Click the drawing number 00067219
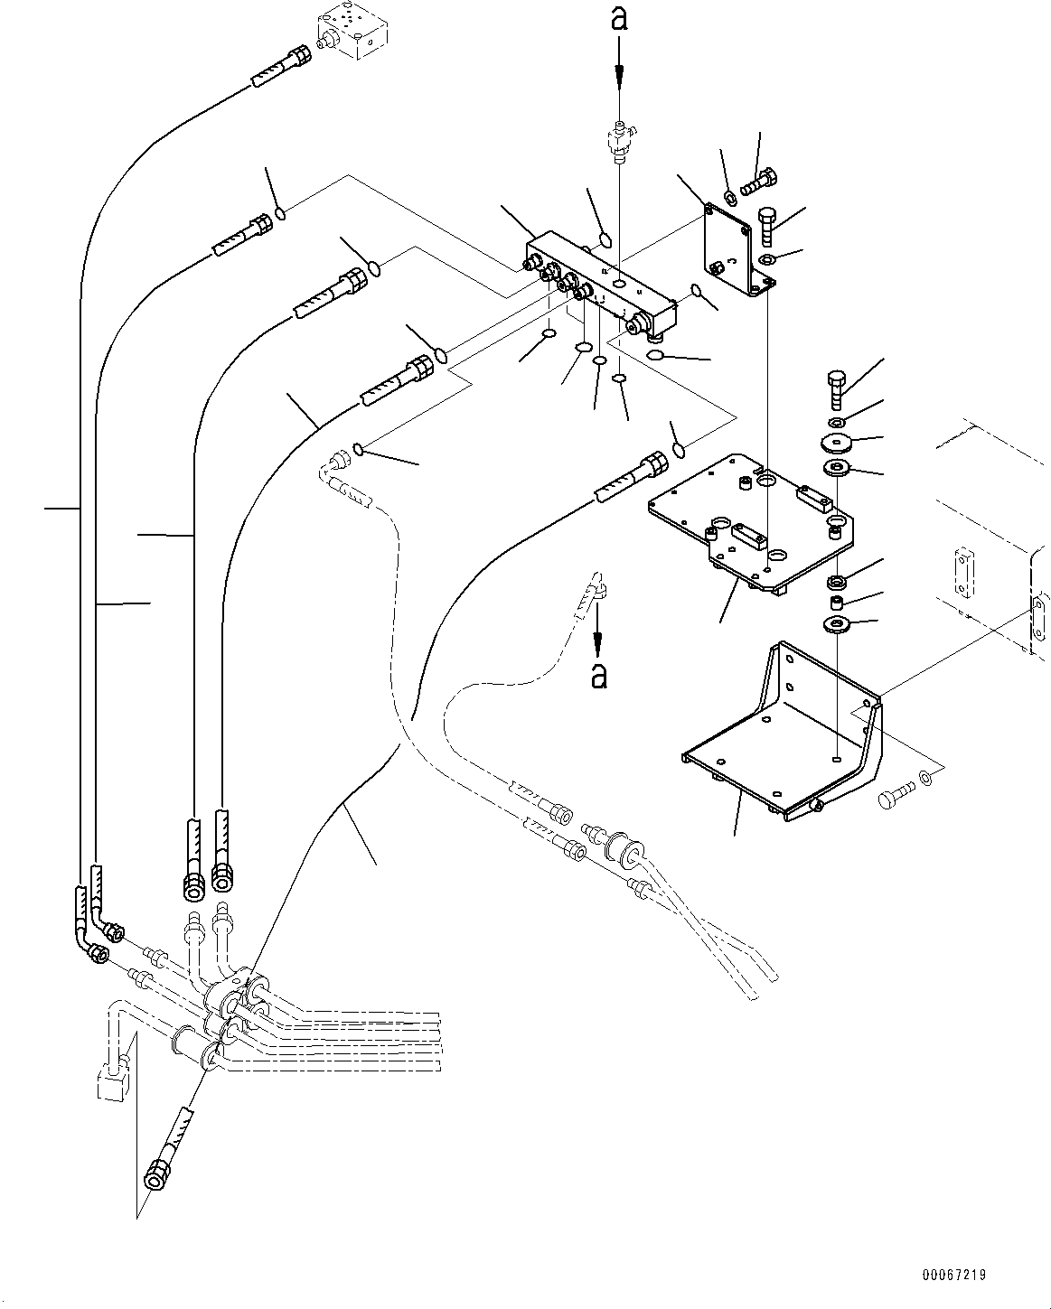click(x=953, y=1275)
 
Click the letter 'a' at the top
click(x=619, y=19)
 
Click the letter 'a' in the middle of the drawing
click(x=598, y=675)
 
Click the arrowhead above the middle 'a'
click(x=597, y=643)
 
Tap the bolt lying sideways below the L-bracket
click(x=896, y=795)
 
